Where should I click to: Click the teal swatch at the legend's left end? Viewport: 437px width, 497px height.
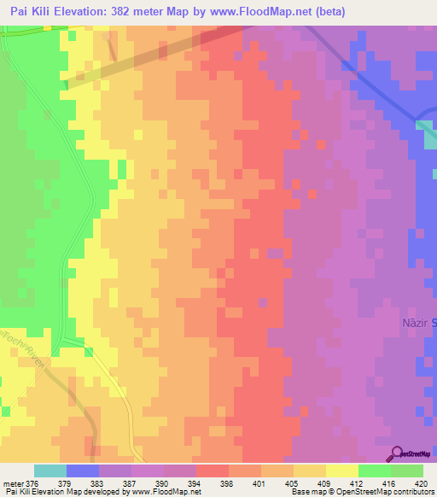pos(50,471)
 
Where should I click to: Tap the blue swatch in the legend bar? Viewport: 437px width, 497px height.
pos(83,471)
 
